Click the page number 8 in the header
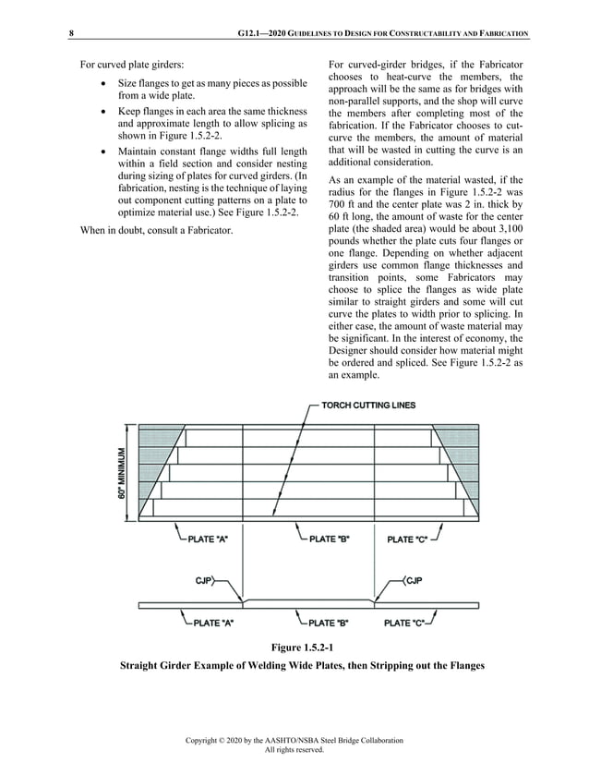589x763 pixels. point(71,34)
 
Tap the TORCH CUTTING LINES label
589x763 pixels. point(368,405)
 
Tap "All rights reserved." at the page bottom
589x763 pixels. point(294,750)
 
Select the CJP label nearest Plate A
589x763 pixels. point(205,581)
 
